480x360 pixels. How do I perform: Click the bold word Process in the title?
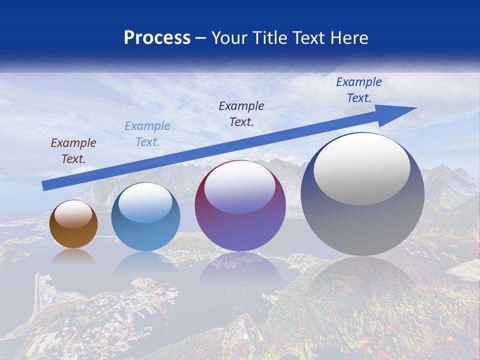click(x=157, y=38)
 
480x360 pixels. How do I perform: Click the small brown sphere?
click(x=73, y=224)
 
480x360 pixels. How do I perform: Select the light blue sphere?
click(x=145, y=217)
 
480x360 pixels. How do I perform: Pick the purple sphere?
click(x=240, y=206)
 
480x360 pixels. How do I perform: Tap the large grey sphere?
click(x=362, y=194)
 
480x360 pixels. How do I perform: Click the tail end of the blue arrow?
click(x=45, y=185)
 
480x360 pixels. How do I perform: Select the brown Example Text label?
click(x=73, y=151)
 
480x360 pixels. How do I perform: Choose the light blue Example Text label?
click(x=147, y=134)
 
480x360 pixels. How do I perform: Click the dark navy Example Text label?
click(x=241, y=114)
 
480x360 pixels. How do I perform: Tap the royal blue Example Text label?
click(x=358, y=90)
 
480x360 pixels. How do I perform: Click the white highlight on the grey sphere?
click(x=361, y=169)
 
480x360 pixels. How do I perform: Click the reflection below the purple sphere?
click(x=240, y=265)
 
